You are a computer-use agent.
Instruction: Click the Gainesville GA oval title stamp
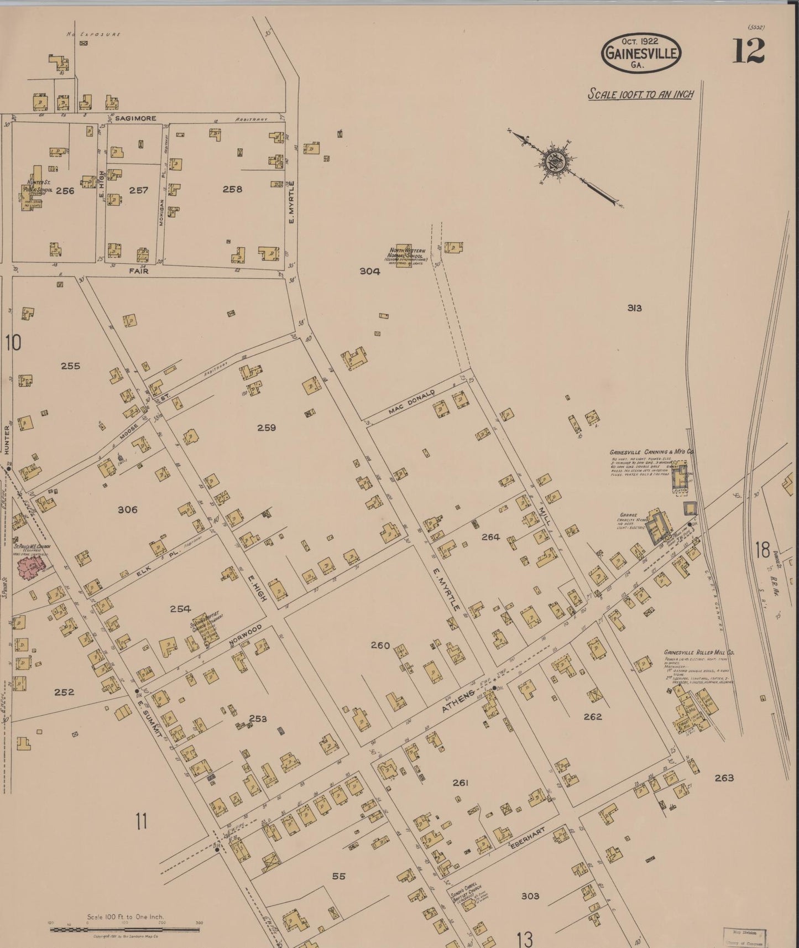click(x=641, y=53)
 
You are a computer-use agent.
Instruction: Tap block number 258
click(x=232, y=189)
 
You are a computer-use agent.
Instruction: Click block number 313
click(x=634, y=308)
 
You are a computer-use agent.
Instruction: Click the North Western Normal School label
click(x=406, y=257)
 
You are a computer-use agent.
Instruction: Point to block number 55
click(x=338, y=876)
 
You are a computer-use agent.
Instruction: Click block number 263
click(x=724, y=778)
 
